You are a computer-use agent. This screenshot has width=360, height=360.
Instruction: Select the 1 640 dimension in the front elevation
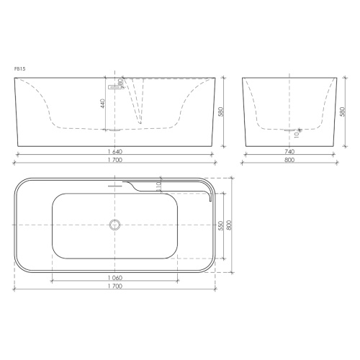click(x=114, y=152)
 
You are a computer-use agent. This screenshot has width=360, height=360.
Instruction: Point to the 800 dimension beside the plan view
click(x=231, y=224)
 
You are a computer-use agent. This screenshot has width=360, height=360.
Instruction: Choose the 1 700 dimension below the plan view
click(x=114, y=288)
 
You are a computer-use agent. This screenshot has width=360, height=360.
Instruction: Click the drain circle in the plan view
click(x=114, y=225)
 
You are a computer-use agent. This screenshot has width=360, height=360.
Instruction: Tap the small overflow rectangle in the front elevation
click(x=113, y=84)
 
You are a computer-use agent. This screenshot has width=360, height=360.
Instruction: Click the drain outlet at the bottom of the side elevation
click(x=292, y=129)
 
